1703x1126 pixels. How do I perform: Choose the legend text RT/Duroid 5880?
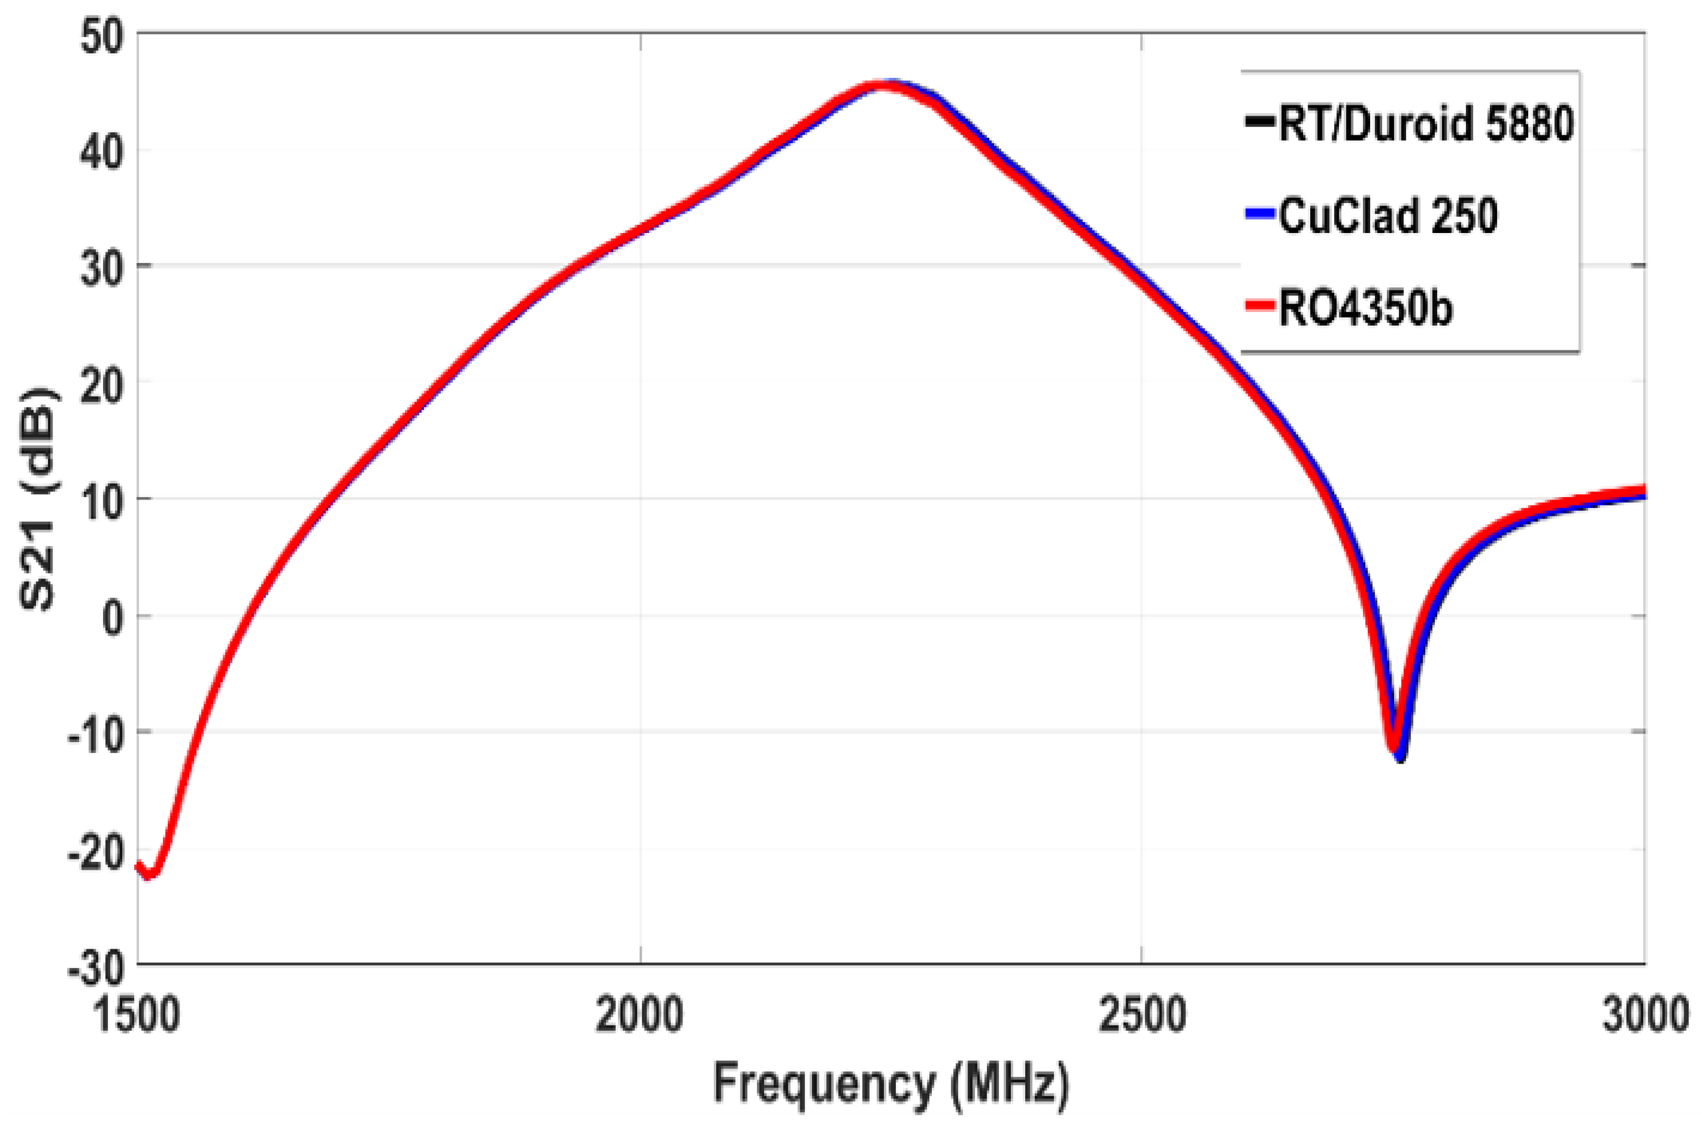tap(1426, 123)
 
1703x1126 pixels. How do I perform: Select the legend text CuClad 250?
tap(1387, 216)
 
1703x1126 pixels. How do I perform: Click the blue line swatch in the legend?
tap(1260, 216)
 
